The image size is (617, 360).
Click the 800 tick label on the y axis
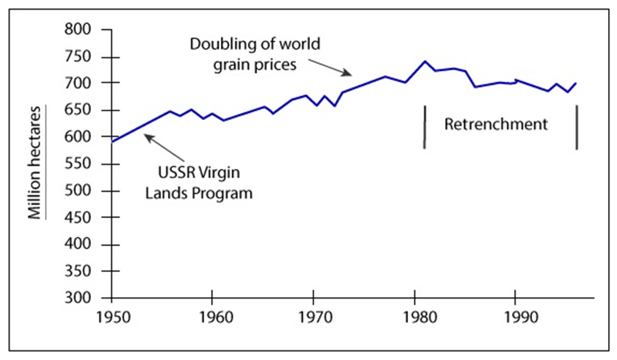79,30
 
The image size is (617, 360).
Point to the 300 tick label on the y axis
79,299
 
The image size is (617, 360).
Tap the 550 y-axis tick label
79,164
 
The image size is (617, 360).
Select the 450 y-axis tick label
79,218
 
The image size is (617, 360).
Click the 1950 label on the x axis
110,319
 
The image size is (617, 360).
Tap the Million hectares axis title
36,162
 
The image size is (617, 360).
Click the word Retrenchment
496,125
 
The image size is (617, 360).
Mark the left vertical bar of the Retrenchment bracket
424,126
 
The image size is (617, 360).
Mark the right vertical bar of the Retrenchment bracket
577,126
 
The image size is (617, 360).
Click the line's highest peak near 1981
425,61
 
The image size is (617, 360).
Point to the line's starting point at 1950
111,142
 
